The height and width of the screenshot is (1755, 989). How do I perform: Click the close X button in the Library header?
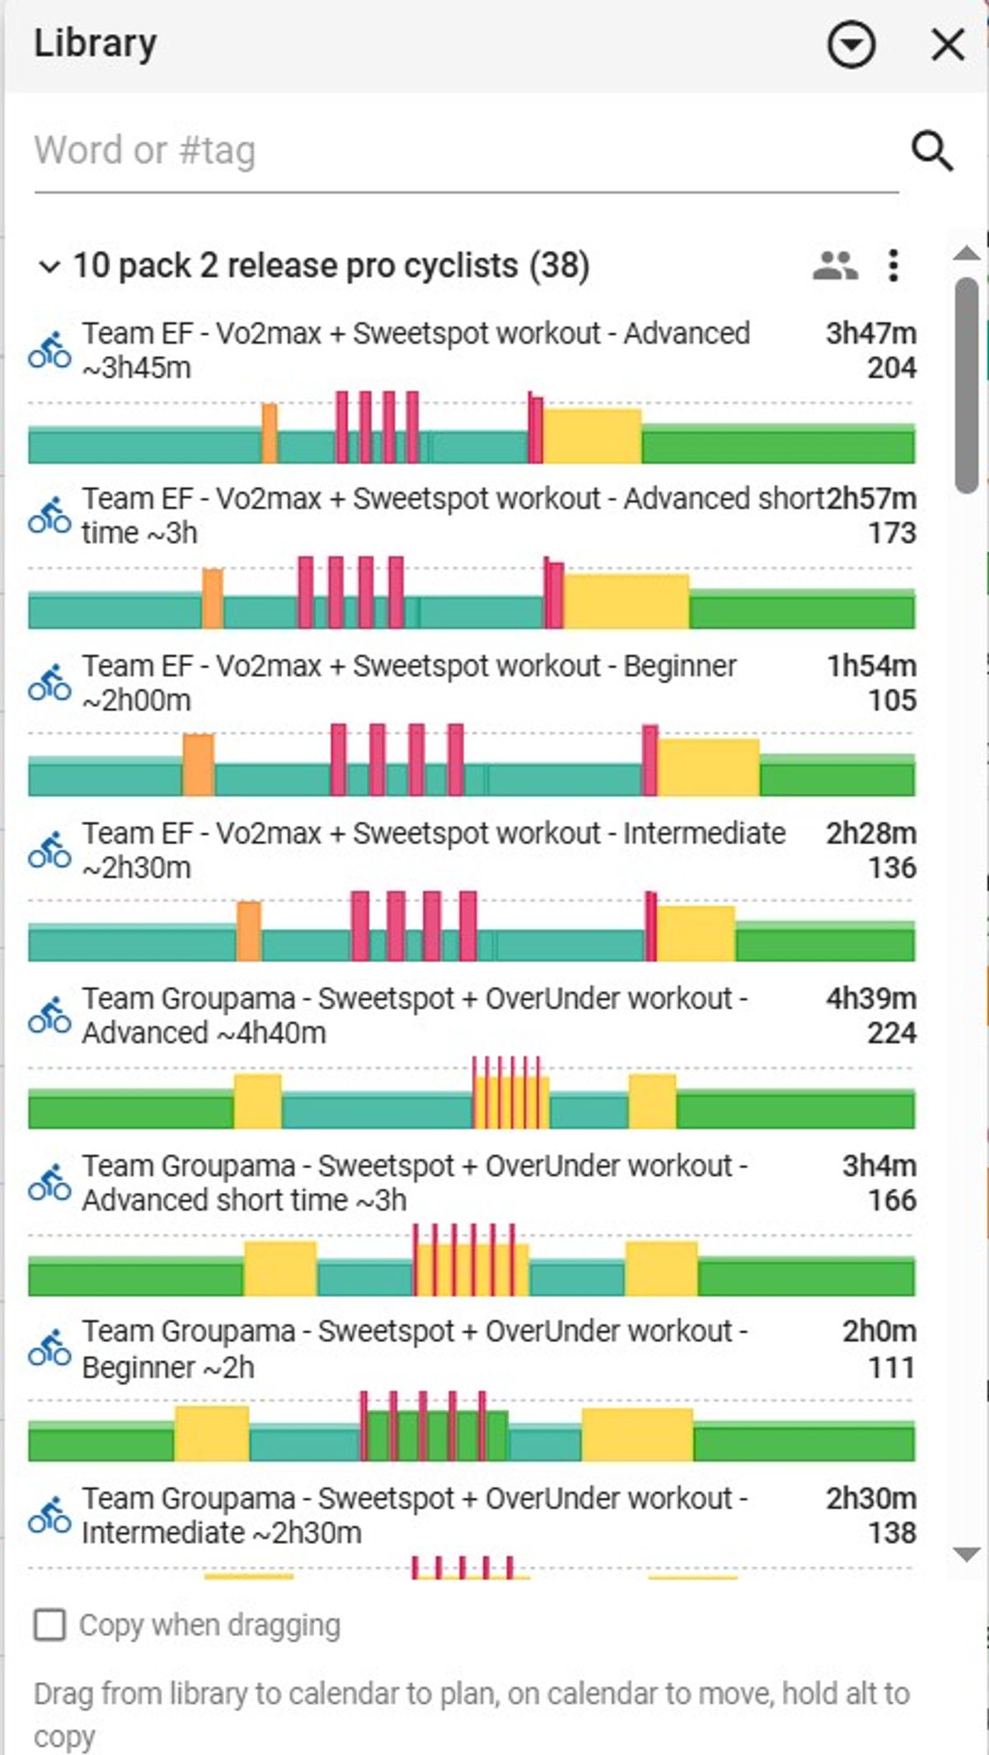(948, 45)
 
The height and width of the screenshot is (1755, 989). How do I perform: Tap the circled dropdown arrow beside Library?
(851, 45)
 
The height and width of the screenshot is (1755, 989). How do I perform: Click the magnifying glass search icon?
(932, 151)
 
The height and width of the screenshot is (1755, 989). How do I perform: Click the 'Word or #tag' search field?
(466, 151)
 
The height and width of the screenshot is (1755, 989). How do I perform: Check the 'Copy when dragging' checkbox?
(49, 1626)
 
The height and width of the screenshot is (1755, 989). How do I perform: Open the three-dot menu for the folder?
(893, 265)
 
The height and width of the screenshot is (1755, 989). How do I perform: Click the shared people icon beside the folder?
(836, 266)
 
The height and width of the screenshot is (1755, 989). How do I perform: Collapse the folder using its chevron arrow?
(49, 266)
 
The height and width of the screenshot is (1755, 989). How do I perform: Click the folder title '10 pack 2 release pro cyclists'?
(296, 265)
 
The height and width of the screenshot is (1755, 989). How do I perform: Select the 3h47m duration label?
(871, 333)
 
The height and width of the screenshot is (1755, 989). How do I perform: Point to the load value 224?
(892, 1033)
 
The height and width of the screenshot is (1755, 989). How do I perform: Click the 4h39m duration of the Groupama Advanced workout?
(871, 998)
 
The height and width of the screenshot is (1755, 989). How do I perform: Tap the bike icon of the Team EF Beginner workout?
(49, 683)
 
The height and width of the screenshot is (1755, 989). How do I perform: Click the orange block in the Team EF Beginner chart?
(199, 764)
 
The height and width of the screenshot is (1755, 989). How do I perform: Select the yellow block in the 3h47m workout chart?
(592, 435)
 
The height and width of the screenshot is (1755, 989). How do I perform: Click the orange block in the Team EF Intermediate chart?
(249, 931)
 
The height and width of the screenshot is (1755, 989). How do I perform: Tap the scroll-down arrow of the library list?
(966, 1554)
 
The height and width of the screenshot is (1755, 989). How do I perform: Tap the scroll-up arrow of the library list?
(966, 253)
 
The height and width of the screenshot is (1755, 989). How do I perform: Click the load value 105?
(892, 701)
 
